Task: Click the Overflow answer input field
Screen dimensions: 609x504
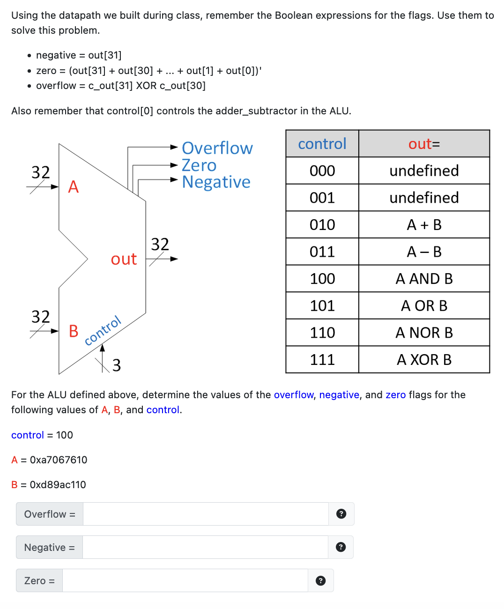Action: (206, 514)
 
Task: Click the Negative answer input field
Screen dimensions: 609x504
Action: (205, 547)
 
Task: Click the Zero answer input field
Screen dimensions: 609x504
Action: (185, 580)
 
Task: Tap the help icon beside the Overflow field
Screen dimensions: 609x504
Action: (341, 514)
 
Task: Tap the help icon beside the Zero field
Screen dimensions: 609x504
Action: (320, 581)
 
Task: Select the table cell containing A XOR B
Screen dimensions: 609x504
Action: (424, 359)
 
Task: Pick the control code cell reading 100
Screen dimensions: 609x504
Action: (322, 279)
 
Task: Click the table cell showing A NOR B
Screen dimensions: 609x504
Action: (424, 333)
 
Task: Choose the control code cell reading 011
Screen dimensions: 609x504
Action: (322, 252)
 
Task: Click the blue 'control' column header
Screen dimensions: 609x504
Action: (322, 144)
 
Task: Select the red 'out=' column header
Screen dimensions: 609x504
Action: (424, 144)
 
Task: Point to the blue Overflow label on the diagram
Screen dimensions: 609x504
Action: (217, 148)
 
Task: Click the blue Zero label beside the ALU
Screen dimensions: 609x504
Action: (199, 165)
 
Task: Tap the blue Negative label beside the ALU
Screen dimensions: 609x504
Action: (216, 182)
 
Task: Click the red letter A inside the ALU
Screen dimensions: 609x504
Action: (74, 187)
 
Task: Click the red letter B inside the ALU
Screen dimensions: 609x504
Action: (74, 331)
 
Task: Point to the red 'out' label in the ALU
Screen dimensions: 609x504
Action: (124, 259)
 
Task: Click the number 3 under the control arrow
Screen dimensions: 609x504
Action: (117, 365)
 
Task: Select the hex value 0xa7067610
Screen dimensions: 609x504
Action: (59, 460)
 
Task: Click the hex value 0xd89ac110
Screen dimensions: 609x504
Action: (58, 485)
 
